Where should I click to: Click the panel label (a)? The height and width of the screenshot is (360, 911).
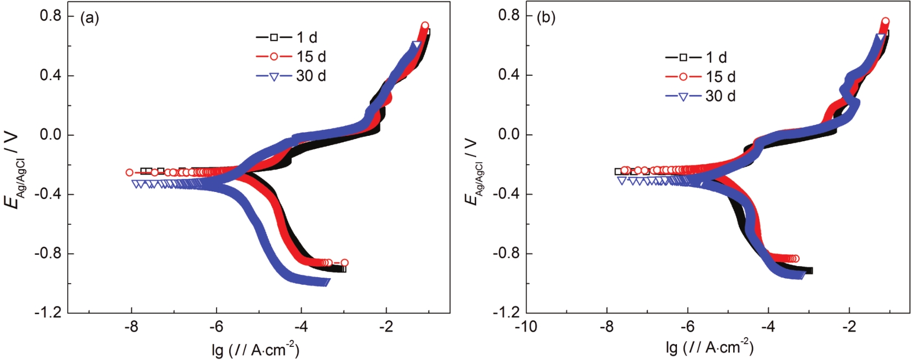pyautogui.click(x=89, y=18)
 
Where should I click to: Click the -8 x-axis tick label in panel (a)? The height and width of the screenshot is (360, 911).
pyautogui.click(x=131, y=327)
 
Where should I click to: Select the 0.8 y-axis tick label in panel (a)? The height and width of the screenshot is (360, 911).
pyautogui.click(x=50, y=16)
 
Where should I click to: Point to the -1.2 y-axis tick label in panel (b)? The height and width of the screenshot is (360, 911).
pyautogui.click(x=506, y=313)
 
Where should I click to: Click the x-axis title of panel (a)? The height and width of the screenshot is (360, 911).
pyautogui.click(x=255, y=349)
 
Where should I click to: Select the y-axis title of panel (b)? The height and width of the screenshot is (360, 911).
pyautogui.click(x=472, y=172)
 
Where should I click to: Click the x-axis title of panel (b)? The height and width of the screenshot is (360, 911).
pyautogui.click(x=709, y=347)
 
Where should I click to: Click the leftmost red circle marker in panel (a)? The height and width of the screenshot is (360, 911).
pyautogui.click(x=129, y=172)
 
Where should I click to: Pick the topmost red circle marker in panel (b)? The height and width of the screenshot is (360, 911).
pyautogui.click(x=885, y=22)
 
